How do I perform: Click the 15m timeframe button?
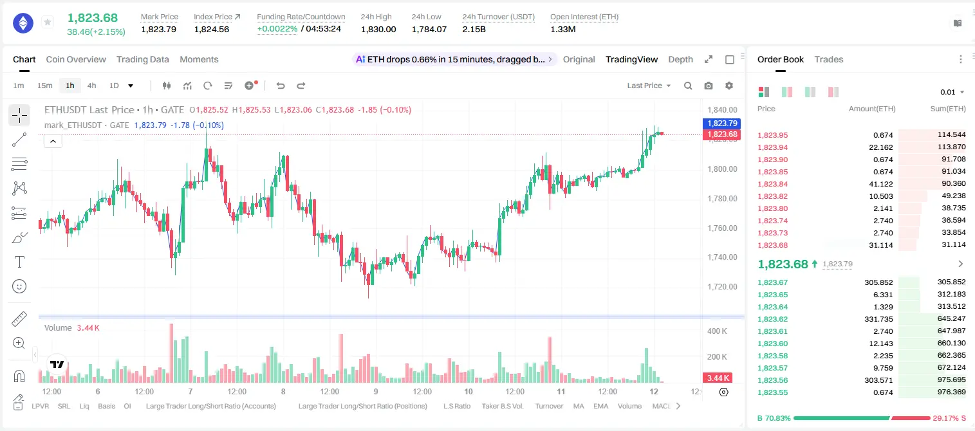pyautogui.click(x=45, y=86)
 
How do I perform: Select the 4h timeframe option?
pyautogui.click(x=91, y=86)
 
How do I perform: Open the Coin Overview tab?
pyautogui.click(x=76, y=59)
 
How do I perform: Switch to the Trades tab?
pyautogui.click(x=829, y=59)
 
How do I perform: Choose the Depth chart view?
pyautogui.click(x=680, y=59)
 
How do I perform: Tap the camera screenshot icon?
pyautogui.click(x=709, y=86)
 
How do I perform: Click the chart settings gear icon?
pyautogui.click(x=729, y=86)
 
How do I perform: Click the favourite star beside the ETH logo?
pyautogui.click(x=48, y=22)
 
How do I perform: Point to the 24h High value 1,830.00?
pyautogui.click(x=378, y=29)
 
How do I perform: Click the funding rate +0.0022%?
pyautogui.click(x=277, y=29)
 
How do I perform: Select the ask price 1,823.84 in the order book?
pyautogui.click(x=773, y=184)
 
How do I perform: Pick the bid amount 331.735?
pyautogui.click(x=878, y=319)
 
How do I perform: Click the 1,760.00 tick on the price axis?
pyautogui.click(x=723, y=228)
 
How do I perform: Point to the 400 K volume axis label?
pyautogui.click(x=718, y=331)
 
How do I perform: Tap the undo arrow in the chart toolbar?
pyautogui.click(x=281, y=86)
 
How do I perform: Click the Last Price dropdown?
pyautogui.click(x=649, y=86)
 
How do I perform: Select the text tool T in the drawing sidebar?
pyautogui.click(x=19, y=262)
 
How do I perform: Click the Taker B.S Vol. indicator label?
pyautogui.click(x=502, y=406)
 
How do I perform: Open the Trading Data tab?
pyautogui.click(x=143, y=59)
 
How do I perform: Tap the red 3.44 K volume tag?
pyautogui.click(x=718, y=378)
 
